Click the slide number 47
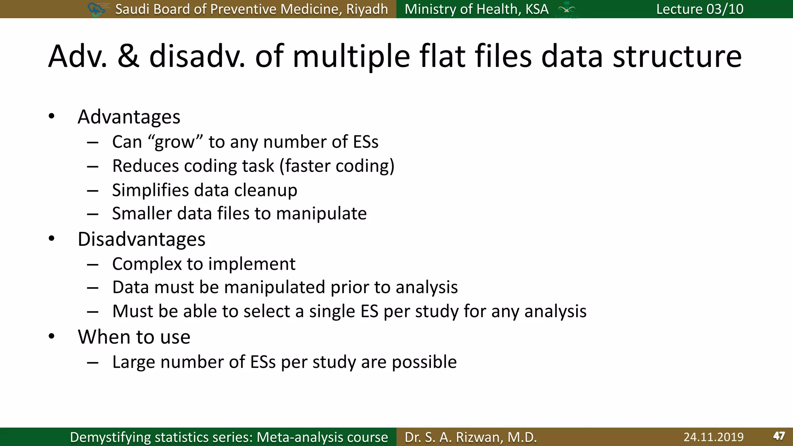(x=779, y=436)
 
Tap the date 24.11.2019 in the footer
(x=713, y=437)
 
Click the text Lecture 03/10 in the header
(x=700, y=9)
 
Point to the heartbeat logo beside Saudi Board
(x=96, y=9)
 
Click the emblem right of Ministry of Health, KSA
(x=566, y=9)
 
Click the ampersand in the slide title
(x=128, y=57)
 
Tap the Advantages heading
(x=129, y=117)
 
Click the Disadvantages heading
(x=141, y=239)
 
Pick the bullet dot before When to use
(x=51, y=336)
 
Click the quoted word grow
(x=175, y=142)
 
